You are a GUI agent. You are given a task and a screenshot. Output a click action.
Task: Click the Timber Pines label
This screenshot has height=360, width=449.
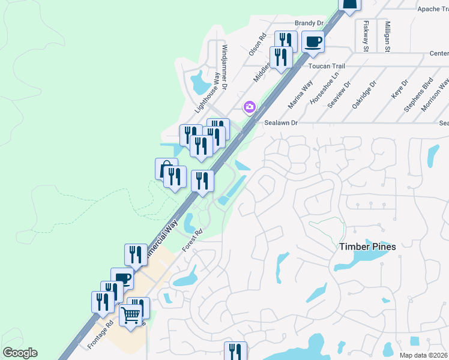[368, 247]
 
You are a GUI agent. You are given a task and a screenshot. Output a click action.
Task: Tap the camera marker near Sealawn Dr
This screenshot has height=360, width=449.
[249, 107]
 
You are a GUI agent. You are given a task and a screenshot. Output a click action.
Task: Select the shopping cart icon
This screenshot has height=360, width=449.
[131, 314]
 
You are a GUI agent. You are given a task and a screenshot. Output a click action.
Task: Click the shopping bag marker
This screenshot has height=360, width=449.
[165, 169]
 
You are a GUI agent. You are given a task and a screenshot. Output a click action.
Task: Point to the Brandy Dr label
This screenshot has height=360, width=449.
[309, 23]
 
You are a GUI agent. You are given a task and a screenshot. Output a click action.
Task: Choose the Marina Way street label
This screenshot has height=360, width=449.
[300, 95]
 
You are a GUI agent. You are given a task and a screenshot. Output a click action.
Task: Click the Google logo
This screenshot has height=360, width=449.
[20, 353]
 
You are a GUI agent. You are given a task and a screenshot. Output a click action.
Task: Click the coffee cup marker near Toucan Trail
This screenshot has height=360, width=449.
[313, 41]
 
